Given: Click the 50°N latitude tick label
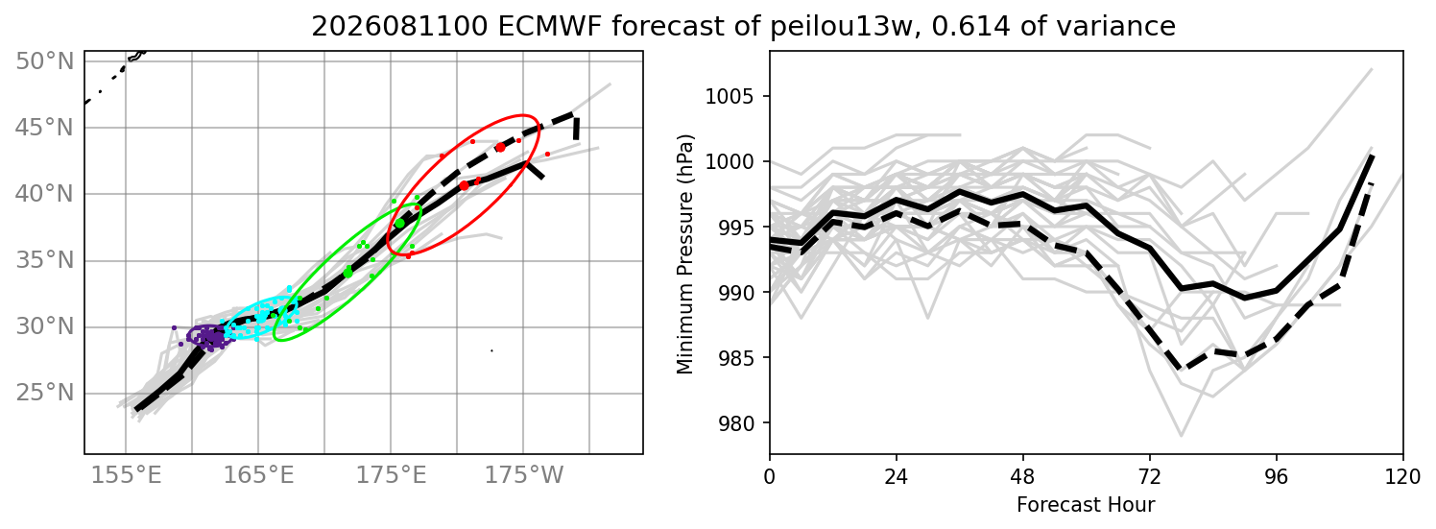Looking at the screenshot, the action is tap(44, 61).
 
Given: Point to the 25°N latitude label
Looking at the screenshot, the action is tap(44, 393).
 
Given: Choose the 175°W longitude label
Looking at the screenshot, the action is tap(524, 475).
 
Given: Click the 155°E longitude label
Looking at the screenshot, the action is tap(126, 475).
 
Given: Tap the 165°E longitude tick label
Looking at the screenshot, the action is tap(258, 475).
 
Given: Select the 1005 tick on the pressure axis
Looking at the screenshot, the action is tap(730, 97).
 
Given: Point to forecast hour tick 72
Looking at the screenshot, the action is tap(1150, 477).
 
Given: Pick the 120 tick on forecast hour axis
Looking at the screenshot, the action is tap(1403, 477).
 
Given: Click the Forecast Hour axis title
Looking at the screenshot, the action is tap(1086, 505).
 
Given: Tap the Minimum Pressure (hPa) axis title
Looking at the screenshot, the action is tap(685, 253).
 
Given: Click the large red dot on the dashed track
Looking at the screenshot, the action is tap(501, 148).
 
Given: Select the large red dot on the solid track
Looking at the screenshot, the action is tap(465, 185).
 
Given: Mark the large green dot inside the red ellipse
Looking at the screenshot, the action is tap(400, 223).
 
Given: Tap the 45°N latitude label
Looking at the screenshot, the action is tap(44, 128).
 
